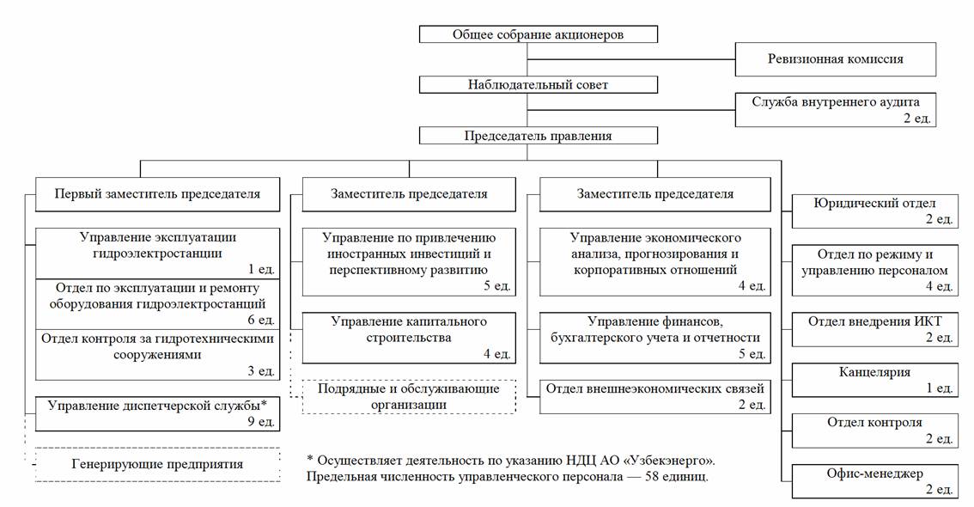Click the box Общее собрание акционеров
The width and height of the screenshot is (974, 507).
tap(538, 34)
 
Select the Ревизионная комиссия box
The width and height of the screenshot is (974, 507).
tap(836, 59)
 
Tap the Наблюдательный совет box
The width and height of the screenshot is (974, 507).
tap(538, 84)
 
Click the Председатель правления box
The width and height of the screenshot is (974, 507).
tap(538, 136)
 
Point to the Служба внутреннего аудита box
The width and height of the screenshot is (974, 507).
tap(836, 110)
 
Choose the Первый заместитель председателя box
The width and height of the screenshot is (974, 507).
tap(157, 194)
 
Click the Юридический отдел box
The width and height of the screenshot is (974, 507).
tap(874, 211)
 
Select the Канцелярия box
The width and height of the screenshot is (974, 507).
tap(874, 380)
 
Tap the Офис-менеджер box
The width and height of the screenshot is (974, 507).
tap(874, 481)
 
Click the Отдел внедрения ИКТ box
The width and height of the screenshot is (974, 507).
tap(874, 329)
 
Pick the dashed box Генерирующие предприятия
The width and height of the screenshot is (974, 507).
tap(157, 464)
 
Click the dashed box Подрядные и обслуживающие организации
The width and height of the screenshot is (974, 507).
tap(409, 396)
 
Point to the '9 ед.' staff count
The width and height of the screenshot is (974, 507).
tap(261, 422)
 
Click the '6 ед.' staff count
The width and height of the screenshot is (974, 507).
tap(261, 320)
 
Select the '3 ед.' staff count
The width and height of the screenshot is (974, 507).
tap(261, 371)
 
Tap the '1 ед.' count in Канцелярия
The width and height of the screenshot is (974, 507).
tap(940, 388)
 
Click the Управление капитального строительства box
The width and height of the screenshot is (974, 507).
tap(409, 338)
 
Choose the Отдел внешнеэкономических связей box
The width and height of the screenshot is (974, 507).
tap(654, 396)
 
